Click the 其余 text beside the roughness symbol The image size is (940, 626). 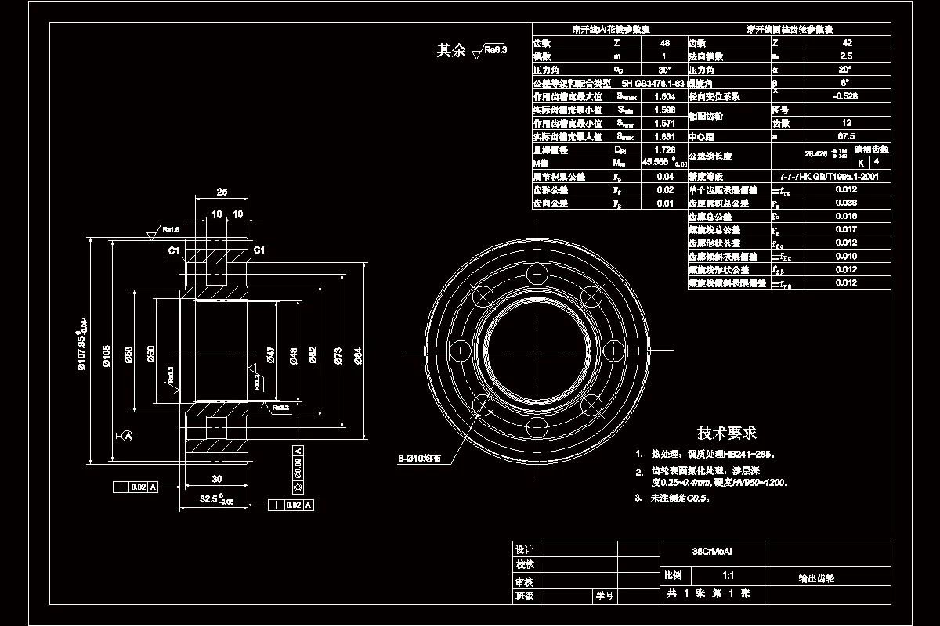450,51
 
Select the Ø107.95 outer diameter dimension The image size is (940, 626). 81,343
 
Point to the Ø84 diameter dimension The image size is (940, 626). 358,356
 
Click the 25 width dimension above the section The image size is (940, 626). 222,192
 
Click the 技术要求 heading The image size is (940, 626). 727,433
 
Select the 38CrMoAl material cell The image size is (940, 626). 711,551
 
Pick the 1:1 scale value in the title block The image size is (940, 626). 728,575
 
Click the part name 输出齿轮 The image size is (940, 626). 816,579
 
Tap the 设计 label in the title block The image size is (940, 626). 524,549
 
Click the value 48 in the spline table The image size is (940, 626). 664,43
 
